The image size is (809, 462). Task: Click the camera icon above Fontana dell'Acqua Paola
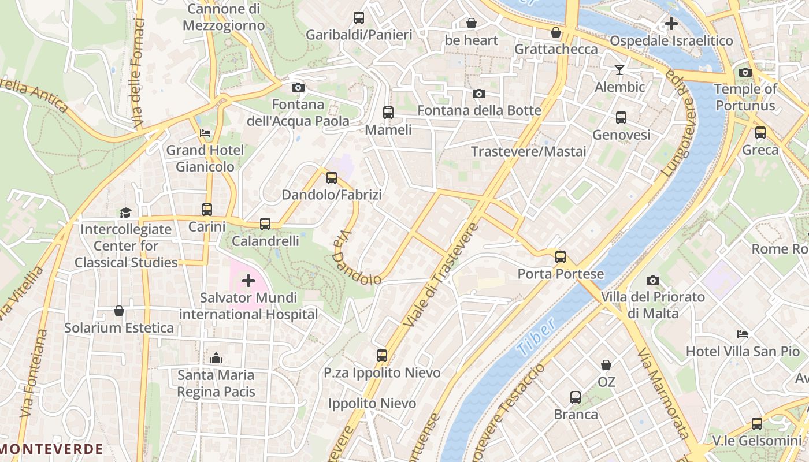tap(298, 88)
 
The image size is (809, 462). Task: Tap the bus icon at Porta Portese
tap(560, 257)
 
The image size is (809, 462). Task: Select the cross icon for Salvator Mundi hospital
tap(248, 281)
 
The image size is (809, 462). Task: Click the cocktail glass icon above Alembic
tap(619, 70)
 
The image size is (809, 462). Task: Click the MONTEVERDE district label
tap(52, 449)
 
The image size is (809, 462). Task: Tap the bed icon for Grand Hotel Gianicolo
tap(205, 133)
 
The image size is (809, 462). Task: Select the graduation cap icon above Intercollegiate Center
tap(125, 213)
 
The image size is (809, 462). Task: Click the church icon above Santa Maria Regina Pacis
tap(216, 359)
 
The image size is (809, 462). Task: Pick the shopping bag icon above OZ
tap(606, 365)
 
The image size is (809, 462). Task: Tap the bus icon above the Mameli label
tap(388, 113)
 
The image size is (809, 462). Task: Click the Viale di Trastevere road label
tap(441, 275)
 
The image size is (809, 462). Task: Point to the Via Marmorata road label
tap(663, 393)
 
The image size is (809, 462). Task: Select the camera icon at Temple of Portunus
tap(745, 72)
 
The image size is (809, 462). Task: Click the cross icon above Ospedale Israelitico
tap(671, 24)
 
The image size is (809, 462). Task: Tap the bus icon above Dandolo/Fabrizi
tap(332, 178)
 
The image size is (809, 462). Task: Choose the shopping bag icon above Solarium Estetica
tap(119, 311)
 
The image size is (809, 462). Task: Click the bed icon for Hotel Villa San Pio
tap(743, 334)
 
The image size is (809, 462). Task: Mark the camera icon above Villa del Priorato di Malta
tap(653, 280)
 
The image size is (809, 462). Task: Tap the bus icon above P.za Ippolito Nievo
tap(382, 356)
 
